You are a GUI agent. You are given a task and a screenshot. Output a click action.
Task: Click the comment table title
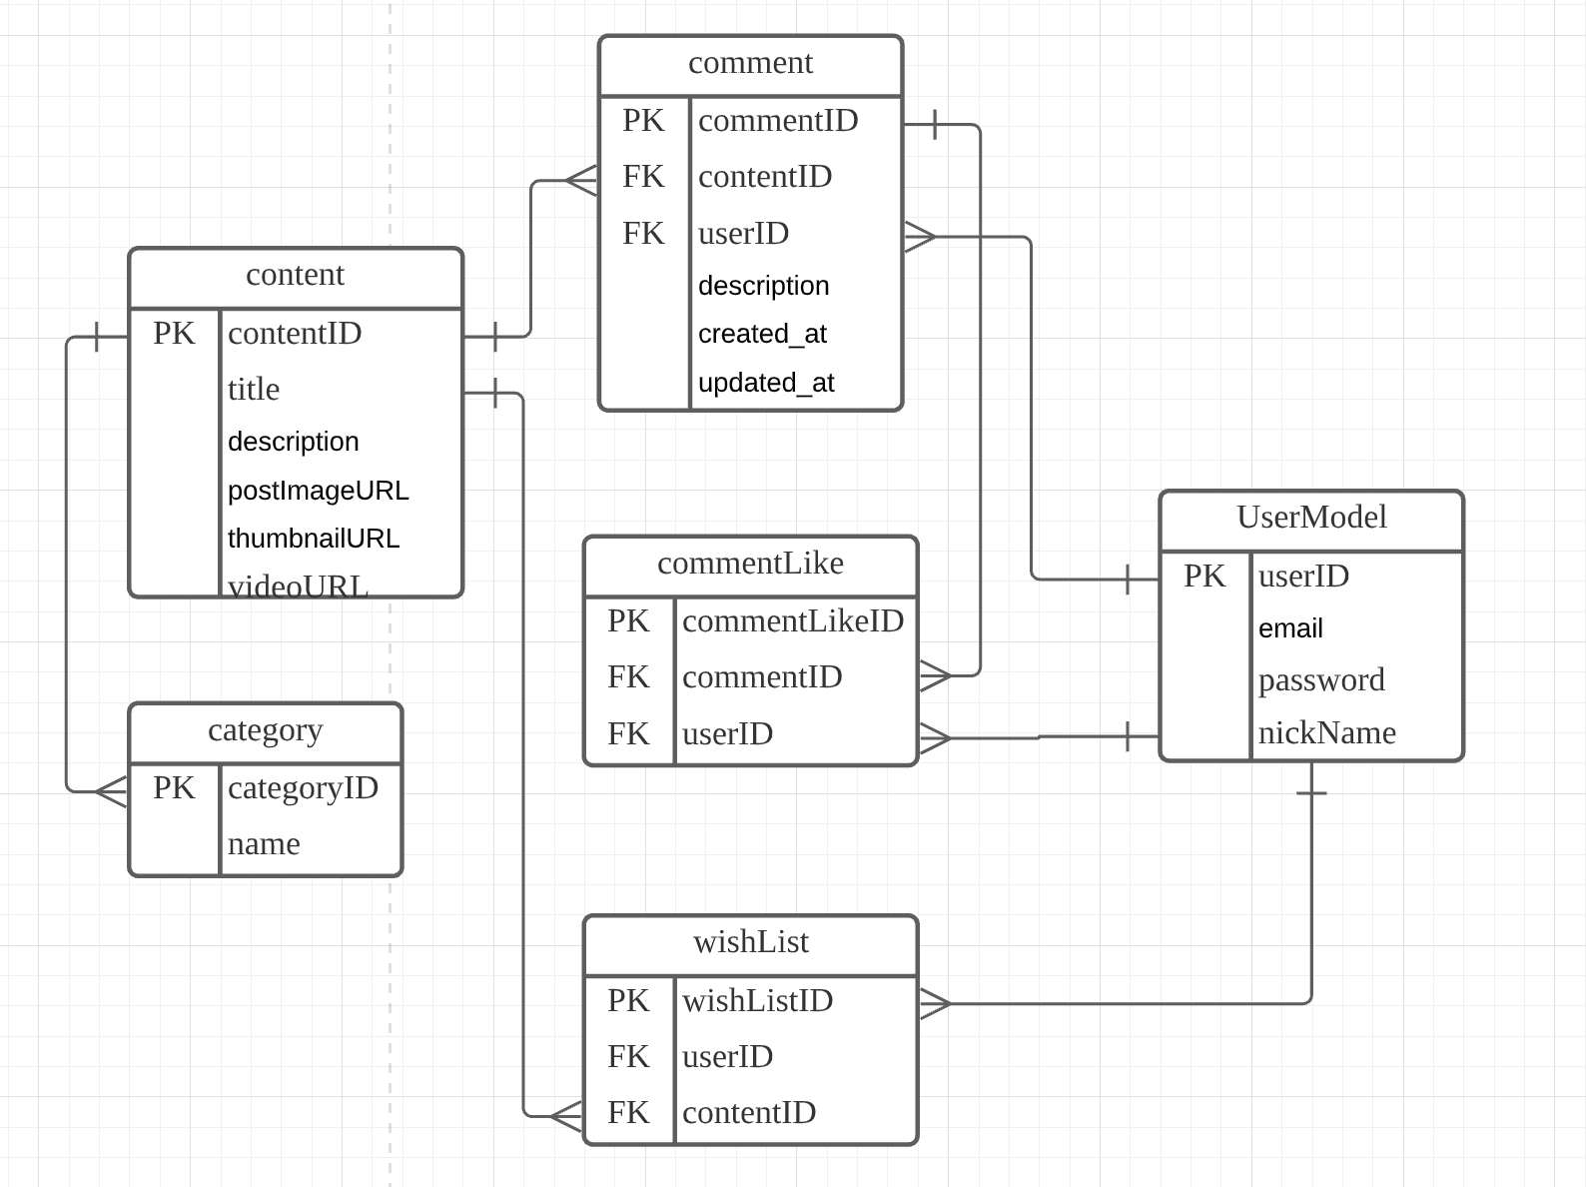[750, 63]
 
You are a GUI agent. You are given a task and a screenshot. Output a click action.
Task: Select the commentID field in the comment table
[778, 121]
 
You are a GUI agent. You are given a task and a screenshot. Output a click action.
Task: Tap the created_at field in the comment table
[762, 334]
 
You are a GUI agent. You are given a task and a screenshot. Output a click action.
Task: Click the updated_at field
[766, 383]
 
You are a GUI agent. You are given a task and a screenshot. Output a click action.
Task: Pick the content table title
[295, 275]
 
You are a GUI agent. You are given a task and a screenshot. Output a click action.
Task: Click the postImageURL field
[318, 491]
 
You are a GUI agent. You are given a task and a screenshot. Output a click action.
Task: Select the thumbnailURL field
[314, 539]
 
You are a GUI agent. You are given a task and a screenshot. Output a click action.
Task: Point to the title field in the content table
[254, 390]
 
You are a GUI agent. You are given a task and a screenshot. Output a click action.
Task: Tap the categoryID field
[303, 788]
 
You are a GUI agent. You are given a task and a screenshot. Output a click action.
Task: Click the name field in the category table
[264, 844]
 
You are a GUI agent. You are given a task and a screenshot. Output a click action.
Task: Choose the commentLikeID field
[793, 621]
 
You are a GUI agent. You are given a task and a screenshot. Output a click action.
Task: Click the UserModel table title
[1311, 518]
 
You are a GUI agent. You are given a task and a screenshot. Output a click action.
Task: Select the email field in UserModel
[1290, 628]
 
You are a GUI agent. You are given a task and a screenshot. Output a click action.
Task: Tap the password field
[1321, 680]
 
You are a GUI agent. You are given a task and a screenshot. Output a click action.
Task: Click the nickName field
[1326, 733]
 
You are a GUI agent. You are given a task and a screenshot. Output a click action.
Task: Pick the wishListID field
[757, 1001]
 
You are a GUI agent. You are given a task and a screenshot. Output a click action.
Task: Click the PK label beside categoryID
[174, 788]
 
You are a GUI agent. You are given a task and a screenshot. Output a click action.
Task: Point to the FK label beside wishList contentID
[628, 1113]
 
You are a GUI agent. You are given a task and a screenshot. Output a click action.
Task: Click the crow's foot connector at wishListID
[935, 1003]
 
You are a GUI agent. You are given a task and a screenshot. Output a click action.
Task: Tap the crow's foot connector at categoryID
[112, 792]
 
